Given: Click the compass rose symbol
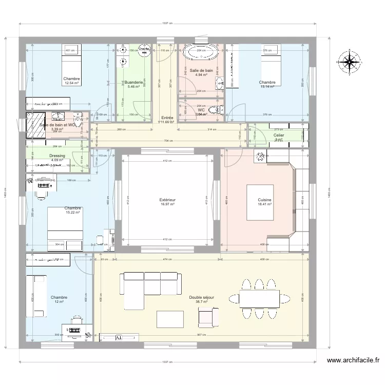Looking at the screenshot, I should point(349,62).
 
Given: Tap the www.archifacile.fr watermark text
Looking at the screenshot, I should point(353,361).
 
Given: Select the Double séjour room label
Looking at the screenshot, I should point(201,297).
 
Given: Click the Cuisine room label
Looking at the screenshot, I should point(265,200).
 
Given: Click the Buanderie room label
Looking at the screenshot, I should point(133,82).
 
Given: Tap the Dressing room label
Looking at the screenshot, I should point(57,156).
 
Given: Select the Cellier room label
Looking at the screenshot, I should point(279,135).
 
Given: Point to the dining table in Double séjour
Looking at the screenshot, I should point(259,297).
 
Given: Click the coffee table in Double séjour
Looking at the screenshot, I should point(170,319).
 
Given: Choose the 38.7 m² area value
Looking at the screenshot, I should point(201,302).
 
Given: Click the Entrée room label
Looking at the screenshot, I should point(167,118).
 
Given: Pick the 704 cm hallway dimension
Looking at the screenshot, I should point(167,141).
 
